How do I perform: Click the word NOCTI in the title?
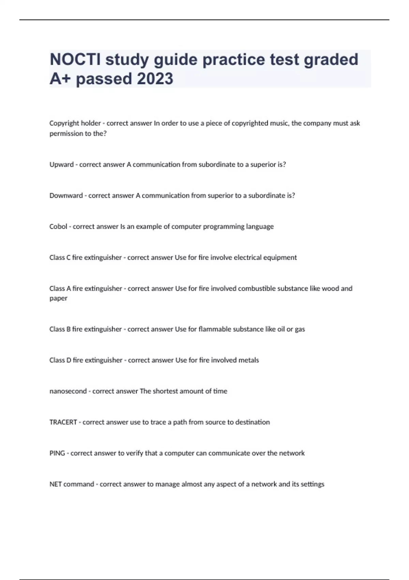[x=75, y=59]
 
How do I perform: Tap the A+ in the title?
[x=60, y=79]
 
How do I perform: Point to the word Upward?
[x=61, y=164]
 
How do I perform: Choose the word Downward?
[x=66, y=195]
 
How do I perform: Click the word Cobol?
[x=58, y=227]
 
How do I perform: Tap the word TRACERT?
[x=63, y=422]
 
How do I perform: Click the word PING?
[x=57, y=453]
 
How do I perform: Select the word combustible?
[x=257, y=289]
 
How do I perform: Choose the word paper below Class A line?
[x=58, y=299]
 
